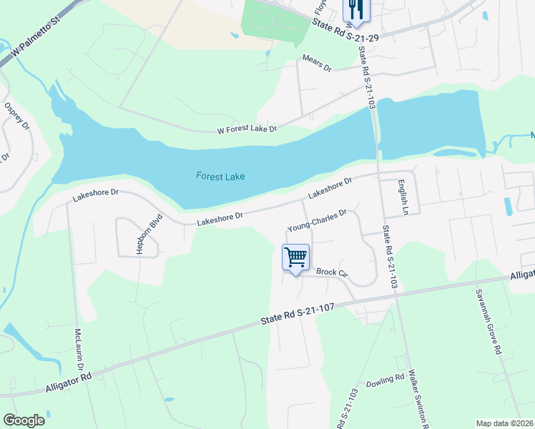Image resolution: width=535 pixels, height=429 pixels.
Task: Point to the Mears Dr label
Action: pyautogui.click(x=318, y=63)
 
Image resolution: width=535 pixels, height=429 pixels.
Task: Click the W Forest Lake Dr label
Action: pyautogui.click(x=247, y=129)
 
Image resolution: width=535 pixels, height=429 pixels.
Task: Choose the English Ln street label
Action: pyautogui.click(x=403, y=197)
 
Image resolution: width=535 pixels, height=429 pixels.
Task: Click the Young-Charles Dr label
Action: pyautogui.click(x=317, y=220)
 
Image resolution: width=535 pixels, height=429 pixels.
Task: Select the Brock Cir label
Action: pyautogui.click(x=331, y=272)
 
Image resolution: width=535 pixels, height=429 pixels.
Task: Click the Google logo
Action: pyautogui.click(x=24, y=420)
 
